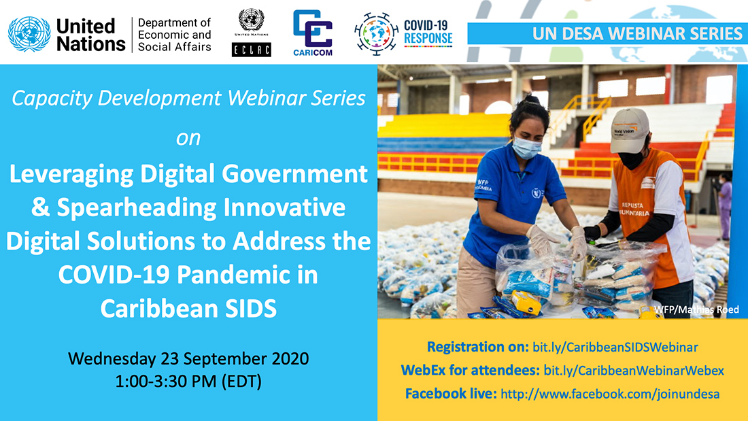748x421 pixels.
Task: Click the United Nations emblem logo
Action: [29, 34]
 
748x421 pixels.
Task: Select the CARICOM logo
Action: [313, 33]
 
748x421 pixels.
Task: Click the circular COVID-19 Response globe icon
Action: [376, 33]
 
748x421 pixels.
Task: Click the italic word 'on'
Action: [188, 138]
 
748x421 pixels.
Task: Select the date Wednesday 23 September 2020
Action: [188, 358]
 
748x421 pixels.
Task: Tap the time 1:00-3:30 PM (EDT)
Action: [188, 382]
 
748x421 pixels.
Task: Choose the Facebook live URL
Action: [610, 394]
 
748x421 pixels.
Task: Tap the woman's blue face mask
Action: [528, 147]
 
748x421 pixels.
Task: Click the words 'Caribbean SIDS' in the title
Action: [188, 308]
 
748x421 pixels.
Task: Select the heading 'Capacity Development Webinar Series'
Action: [188, 99]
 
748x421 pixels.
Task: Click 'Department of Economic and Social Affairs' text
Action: [174, 35]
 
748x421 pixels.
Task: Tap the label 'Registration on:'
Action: [477, 348]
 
